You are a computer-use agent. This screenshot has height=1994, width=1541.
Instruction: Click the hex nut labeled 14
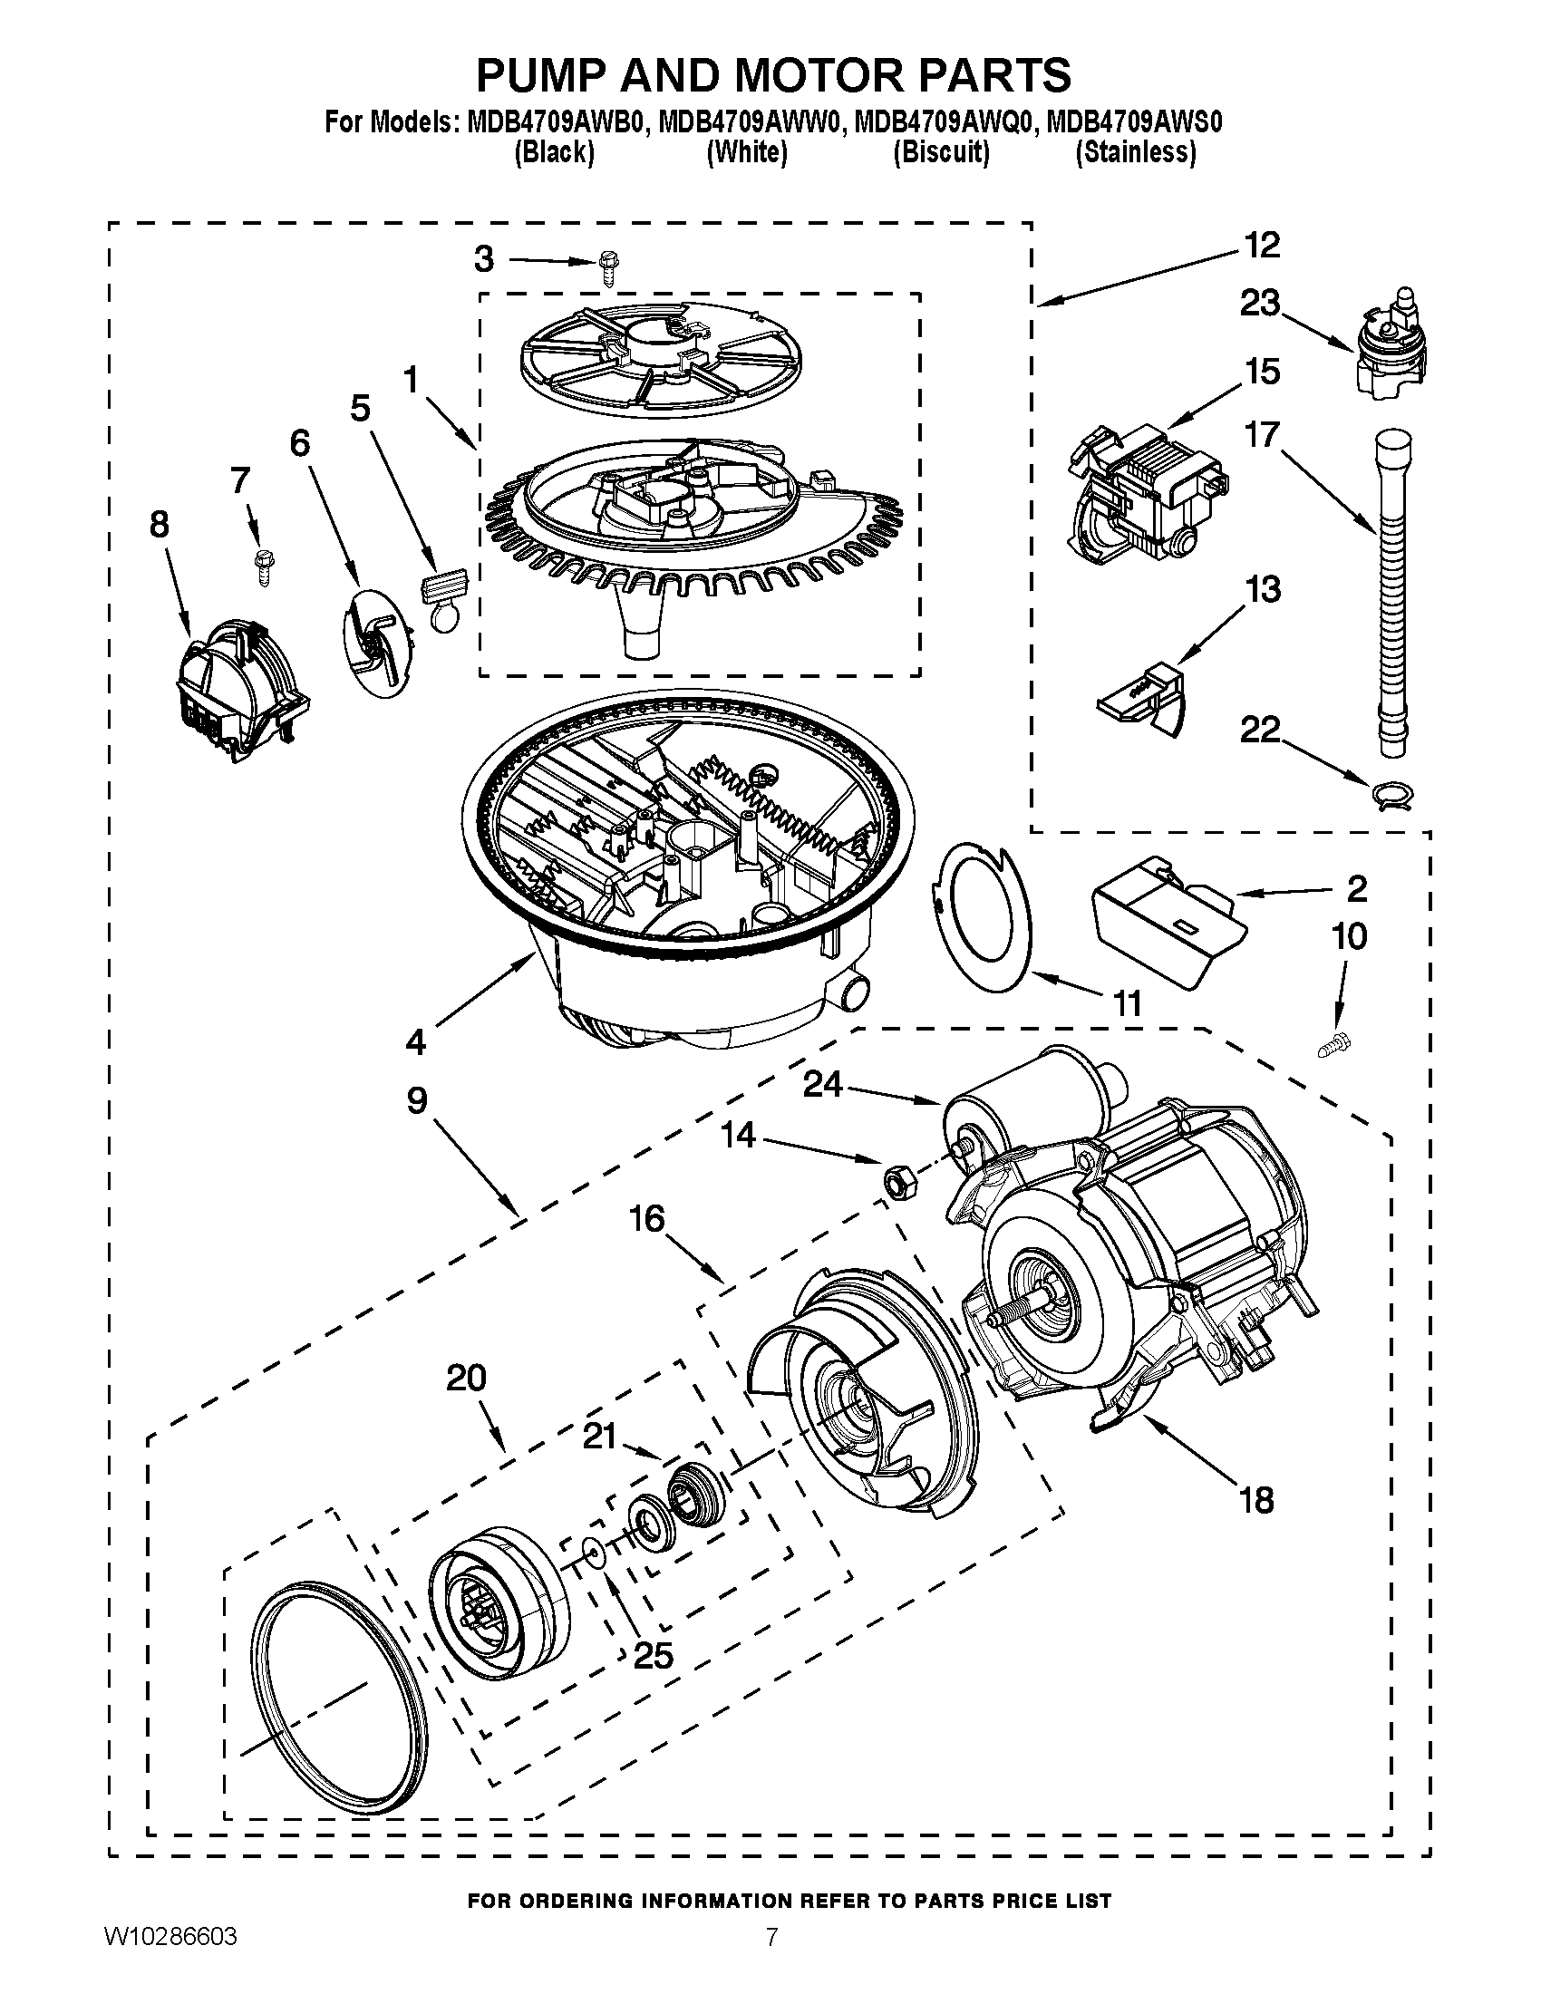[x=892, y=1180]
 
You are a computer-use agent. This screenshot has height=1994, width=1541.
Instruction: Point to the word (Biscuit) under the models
[x=940, y=152]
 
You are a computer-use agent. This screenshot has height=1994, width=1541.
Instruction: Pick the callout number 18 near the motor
[x=1256, y=1499]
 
